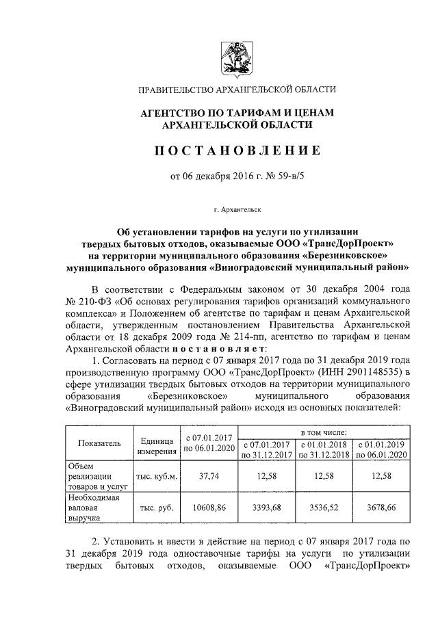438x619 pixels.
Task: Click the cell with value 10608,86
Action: coord(208,509)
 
